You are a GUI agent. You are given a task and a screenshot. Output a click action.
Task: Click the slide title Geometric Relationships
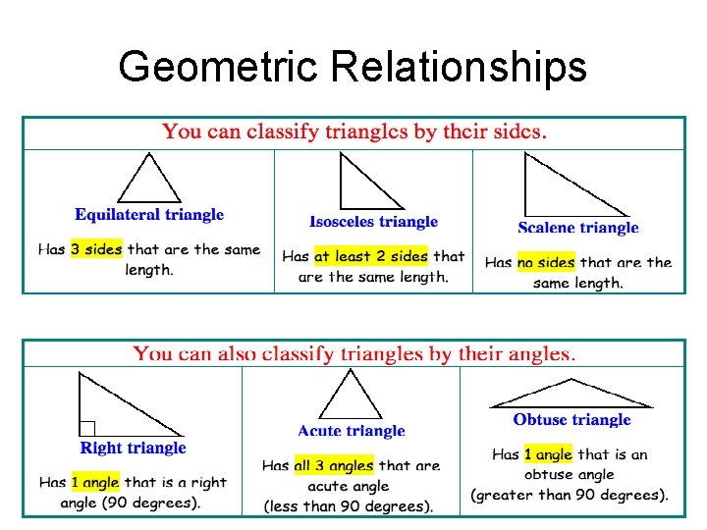pyautogui.click(x=353, y=68)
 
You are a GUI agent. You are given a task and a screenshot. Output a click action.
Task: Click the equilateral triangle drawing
pyautogui.click(x=150, y=183)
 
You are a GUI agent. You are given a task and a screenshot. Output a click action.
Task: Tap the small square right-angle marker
pyautogui.click(x=87, y=428)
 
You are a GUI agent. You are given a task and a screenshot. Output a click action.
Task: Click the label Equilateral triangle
pyautogui.click(x=149, y=215)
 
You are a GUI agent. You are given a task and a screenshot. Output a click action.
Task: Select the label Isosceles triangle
pyautogui.click(x=373, y=222)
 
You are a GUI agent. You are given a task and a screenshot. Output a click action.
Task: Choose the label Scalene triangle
pyautogui.click(x=578, y=228)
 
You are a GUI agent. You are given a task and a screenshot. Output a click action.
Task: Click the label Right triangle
pyautogui.click(x=133, y=448)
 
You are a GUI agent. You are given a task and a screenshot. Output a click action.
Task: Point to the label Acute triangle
pyautogui.click(x=352, y=431)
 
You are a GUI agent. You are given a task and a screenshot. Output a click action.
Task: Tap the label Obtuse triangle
pyautogui.click(x=571, y=420)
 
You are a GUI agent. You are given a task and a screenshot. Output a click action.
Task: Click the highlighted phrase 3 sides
pyautogui.click(x=96, y=249)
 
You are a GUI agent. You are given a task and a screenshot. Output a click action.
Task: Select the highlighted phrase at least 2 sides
pyautogui.click(x=370, y=256)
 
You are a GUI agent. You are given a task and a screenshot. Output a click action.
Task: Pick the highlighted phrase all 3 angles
pyautogui.click(x=334, y=465)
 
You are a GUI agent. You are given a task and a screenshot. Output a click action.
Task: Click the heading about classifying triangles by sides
pyautogui.click(x=354, y=132)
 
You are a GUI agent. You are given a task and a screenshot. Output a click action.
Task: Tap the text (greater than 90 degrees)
pyautogui.click(x=570, y=495)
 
